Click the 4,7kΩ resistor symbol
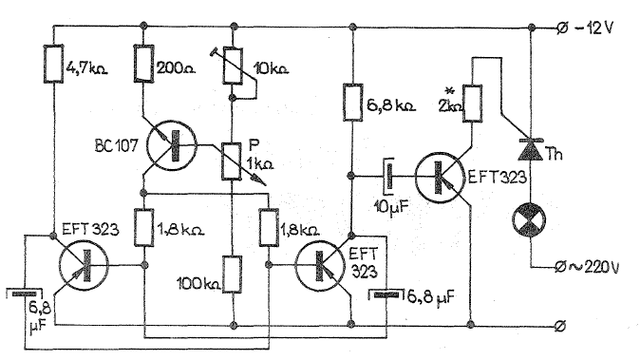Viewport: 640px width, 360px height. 53,64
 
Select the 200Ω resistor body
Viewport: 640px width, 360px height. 143,64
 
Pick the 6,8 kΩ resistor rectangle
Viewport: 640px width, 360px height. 352,102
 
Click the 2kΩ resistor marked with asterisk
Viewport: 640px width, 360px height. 472,103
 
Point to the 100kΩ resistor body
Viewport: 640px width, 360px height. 233,275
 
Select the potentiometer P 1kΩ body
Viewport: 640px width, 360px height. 232,161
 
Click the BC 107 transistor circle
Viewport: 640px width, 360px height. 172,145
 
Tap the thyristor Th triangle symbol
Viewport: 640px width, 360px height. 531,149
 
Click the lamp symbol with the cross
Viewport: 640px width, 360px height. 530,219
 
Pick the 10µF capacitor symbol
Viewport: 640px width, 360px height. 389,177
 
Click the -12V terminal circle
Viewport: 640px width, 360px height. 561,28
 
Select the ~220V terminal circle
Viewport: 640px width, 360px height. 560,267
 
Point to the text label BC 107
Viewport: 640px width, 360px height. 117,145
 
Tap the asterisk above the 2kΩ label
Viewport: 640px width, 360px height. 451,91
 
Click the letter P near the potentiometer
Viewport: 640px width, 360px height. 254,145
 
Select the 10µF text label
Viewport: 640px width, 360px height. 391,206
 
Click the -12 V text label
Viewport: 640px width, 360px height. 594,28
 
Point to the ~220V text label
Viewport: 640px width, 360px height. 594,267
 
